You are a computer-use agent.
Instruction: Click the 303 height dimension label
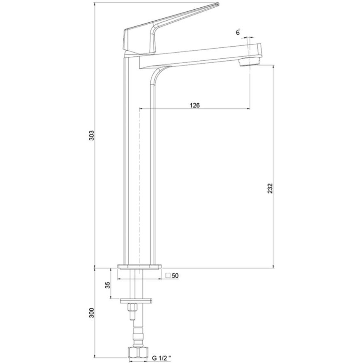pyautogui.click(x=92, y=135)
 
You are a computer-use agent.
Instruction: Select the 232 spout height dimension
pyautogui.click(x=270, y=188)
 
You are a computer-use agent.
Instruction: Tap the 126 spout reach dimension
pyautogui.click(x=195, y=105)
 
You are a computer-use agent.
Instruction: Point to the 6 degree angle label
pyautogui.click(x=238, y=32)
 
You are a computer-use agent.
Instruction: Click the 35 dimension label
pyautogui.click(x=108, y=285)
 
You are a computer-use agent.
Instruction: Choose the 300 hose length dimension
pyautogui.click(x=92, y=313)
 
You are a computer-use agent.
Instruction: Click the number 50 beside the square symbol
pyautogui.click(x=175, y=275)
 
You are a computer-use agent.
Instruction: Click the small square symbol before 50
pyautogui.click(x=168, y=275)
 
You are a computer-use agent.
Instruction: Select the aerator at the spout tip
pyautogui.click(x=250, y=62)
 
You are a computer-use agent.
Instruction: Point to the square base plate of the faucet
pyautogui.click(x=139, y=267)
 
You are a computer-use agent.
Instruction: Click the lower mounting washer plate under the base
pyautogui.click(x=137, y=301)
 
